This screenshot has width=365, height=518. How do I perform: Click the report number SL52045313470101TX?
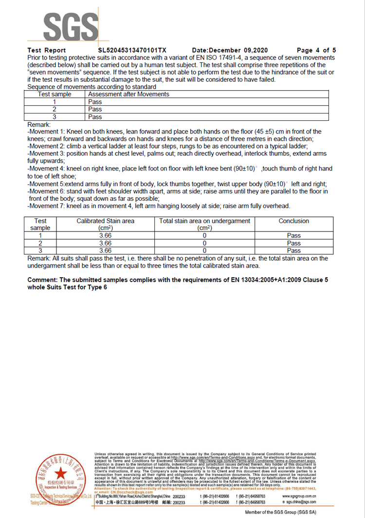click(132, 50)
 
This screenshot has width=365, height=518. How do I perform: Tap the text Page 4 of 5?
click(316, 50)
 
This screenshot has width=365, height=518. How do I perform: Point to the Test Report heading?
click(47, 50)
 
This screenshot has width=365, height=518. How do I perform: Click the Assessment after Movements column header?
click(129, 94)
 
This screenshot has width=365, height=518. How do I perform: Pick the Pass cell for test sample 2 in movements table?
click(95, 109)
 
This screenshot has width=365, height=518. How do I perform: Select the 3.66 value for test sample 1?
click(106, 235)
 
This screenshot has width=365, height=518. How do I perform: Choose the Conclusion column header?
click(293, 221)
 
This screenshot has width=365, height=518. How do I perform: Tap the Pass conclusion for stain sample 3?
click(293, 250)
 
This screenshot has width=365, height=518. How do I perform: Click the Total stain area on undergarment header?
click(204, 221)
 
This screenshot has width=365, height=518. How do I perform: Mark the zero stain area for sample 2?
click(204, 243)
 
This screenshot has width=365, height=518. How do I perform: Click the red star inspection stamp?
click(59, 474)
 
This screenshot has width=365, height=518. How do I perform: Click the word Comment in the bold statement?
click(42, 280)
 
